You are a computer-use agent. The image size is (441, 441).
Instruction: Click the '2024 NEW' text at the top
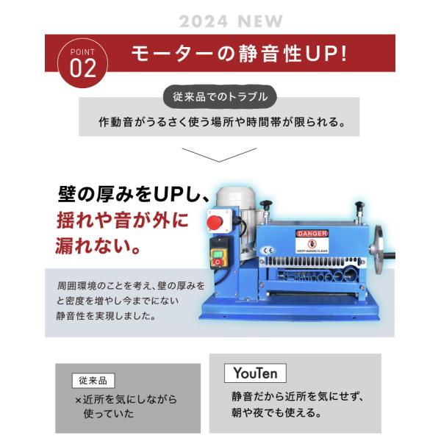(x=231, y=21)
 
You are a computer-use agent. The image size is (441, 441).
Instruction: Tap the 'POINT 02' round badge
(x=82, y=63)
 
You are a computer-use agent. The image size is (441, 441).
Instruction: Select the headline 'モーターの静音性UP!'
(x=239, y=54)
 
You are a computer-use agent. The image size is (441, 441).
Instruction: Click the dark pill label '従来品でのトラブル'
(x=220, y=97)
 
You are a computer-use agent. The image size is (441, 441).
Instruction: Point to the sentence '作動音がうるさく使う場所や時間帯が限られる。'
(x=222, y=122)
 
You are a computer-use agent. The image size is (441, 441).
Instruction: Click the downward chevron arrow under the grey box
(x=219, y=155)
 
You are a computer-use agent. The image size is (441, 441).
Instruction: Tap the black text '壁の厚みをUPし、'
(x=134, y=194)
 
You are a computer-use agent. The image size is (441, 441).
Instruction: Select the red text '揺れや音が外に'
(x=123, y=220)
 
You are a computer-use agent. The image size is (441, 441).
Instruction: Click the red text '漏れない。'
(x=98, y=245)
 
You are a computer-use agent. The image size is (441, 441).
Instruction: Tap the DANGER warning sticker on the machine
(x=312, y=242)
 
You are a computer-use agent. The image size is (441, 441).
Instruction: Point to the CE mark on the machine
(x=268, y=251)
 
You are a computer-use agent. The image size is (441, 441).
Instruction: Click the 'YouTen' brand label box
(x=255, y=373)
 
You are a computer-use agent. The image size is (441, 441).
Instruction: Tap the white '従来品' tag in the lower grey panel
(x=93, y=381)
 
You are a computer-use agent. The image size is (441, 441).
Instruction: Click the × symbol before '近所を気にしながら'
(x=78, y=401)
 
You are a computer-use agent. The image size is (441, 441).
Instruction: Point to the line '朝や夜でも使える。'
(x=277, y=413)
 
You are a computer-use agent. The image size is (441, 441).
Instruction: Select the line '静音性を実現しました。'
(x=107, y=316)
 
